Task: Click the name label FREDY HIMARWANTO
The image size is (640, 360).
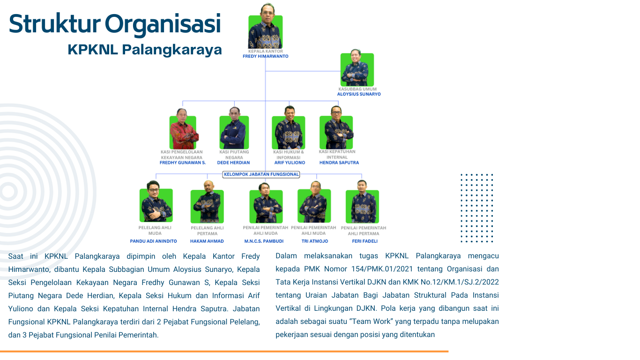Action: [265, 56]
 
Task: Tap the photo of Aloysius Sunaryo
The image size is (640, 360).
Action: [357, 69]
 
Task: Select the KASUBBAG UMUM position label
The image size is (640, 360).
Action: [357, 89]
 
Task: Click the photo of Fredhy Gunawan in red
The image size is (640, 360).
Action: [183, 132]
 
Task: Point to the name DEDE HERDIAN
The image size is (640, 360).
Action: [233, 163]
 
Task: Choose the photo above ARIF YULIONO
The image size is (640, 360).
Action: [289, 132]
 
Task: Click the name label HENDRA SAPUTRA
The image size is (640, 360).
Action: [339, 163]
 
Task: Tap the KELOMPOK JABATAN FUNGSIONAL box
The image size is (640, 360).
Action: [261, 174]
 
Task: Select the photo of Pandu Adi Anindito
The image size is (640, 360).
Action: [156, 204]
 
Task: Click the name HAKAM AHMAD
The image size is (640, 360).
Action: [207, 241]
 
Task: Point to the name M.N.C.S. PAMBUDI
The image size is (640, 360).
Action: [264, 241]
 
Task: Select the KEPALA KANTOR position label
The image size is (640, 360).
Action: [266, 51]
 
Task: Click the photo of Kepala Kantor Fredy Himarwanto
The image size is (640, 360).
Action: [265, 29]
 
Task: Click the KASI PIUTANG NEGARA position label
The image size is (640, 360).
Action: [234, 154]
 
